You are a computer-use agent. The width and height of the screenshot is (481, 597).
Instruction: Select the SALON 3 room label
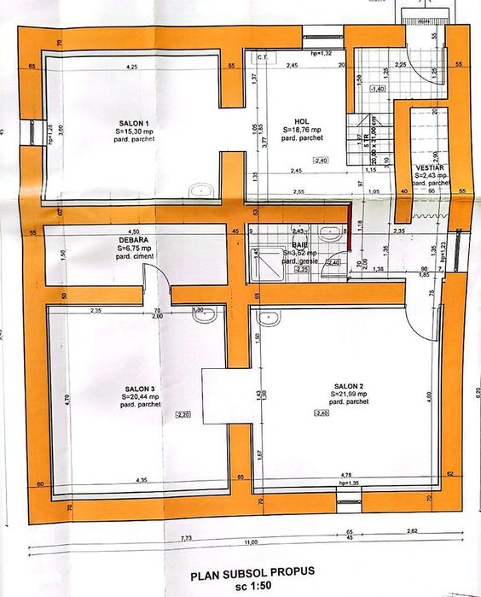click(x=136, y=388)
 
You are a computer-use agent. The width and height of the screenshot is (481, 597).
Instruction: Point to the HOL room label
click(x=301, y=120)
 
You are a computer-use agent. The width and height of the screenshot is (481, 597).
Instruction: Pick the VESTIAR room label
click(x=431, y=167)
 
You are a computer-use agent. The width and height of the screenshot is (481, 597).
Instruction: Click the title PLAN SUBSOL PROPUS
click(x=242, y=570)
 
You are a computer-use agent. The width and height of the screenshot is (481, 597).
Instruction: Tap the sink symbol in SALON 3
click(x=203, y=315)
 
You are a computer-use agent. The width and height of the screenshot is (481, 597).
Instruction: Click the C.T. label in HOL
click(x=263, y=57)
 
